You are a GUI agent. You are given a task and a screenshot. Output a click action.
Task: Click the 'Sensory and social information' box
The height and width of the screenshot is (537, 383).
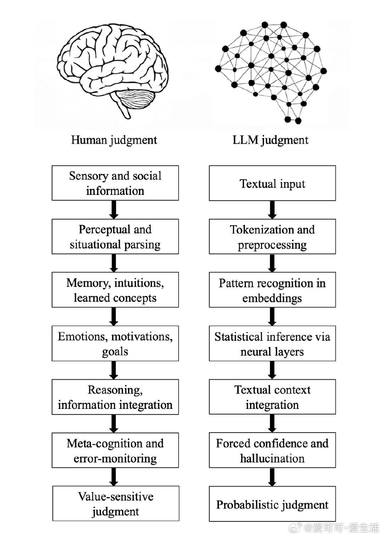click(x=115, y=183)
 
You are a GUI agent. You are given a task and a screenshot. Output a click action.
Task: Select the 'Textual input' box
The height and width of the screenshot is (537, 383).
click(x=272, y=183)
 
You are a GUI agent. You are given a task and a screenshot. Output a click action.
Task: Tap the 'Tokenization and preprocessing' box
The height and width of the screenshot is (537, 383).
click(x=272, y=237)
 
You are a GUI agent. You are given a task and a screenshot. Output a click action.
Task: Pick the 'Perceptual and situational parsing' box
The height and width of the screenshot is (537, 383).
click(x=115, y=237)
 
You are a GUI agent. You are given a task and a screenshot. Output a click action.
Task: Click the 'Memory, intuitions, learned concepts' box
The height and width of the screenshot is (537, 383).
click(x=115, y=290)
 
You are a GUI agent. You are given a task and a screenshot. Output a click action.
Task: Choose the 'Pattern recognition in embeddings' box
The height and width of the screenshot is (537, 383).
click(x=272, y=290)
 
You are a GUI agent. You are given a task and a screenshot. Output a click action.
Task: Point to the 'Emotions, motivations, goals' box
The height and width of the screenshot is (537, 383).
click(x=115, y=344)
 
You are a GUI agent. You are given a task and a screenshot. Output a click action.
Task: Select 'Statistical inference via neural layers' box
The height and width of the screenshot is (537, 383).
click(x=272, y=344)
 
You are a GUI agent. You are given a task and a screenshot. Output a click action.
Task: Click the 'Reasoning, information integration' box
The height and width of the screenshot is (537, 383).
click(x=115, y=397)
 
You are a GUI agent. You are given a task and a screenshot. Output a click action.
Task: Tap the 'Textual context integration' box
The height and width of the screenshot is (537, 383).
click(x=272, y=397)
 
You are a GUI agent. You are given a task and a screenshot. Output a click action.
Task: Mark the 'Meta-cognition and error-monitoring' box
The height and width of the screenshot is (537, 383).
click(x=115, y=450)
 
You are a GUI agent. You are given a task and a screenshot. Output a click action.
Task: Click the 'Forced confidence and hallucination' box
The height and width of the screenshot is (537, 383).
click(x=272, y=450)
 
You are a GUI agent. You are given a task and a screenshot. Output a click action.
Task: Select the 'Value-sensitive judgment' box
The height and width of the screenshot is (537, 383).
click(x=116, y=504)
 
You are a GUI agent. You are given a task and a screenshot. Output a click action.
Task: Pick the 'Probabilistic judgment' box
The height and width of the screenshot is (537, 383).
click(x=272, y=504)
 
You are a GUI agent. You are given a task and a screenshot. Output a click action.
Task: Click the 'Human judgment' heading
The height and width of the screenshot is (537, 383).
click(x=114, y=140)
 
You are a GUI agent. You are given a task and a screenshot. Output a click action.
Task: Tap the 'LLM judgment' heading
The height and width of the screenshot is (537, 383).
click(x=270, y=140)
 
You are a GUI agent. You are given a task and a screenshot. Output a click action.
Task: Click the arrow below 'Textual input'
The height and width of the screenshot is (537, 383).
click(x=272, y=210)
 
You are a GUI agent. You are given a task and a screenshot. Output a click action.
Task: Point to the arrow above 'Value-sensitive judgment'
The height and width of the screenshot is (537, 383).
click(x=114, y=477)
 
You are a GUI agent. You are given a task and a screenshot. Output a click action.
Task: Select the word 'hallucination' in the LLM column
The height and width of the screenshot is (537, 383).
click(x=272, y=458)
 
